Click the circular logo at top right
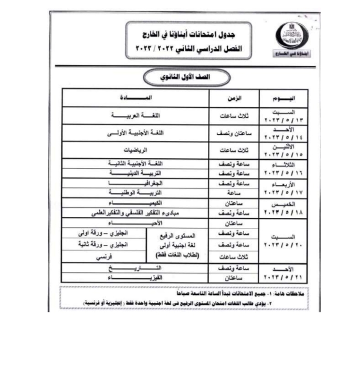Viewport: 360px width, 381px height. coord(291,39)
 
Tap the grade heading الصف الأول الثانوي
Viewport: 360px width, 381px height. coord(180,77)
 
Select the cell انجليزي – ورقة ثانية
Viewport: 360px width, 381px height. coord(103,244)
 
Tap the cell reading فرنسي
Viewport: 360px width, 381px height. coord(103,257)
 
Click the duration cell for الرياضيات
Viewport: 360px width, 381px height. coord(234,150)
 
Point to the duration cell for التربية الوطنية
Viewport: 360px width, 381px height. coord(234,193)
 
